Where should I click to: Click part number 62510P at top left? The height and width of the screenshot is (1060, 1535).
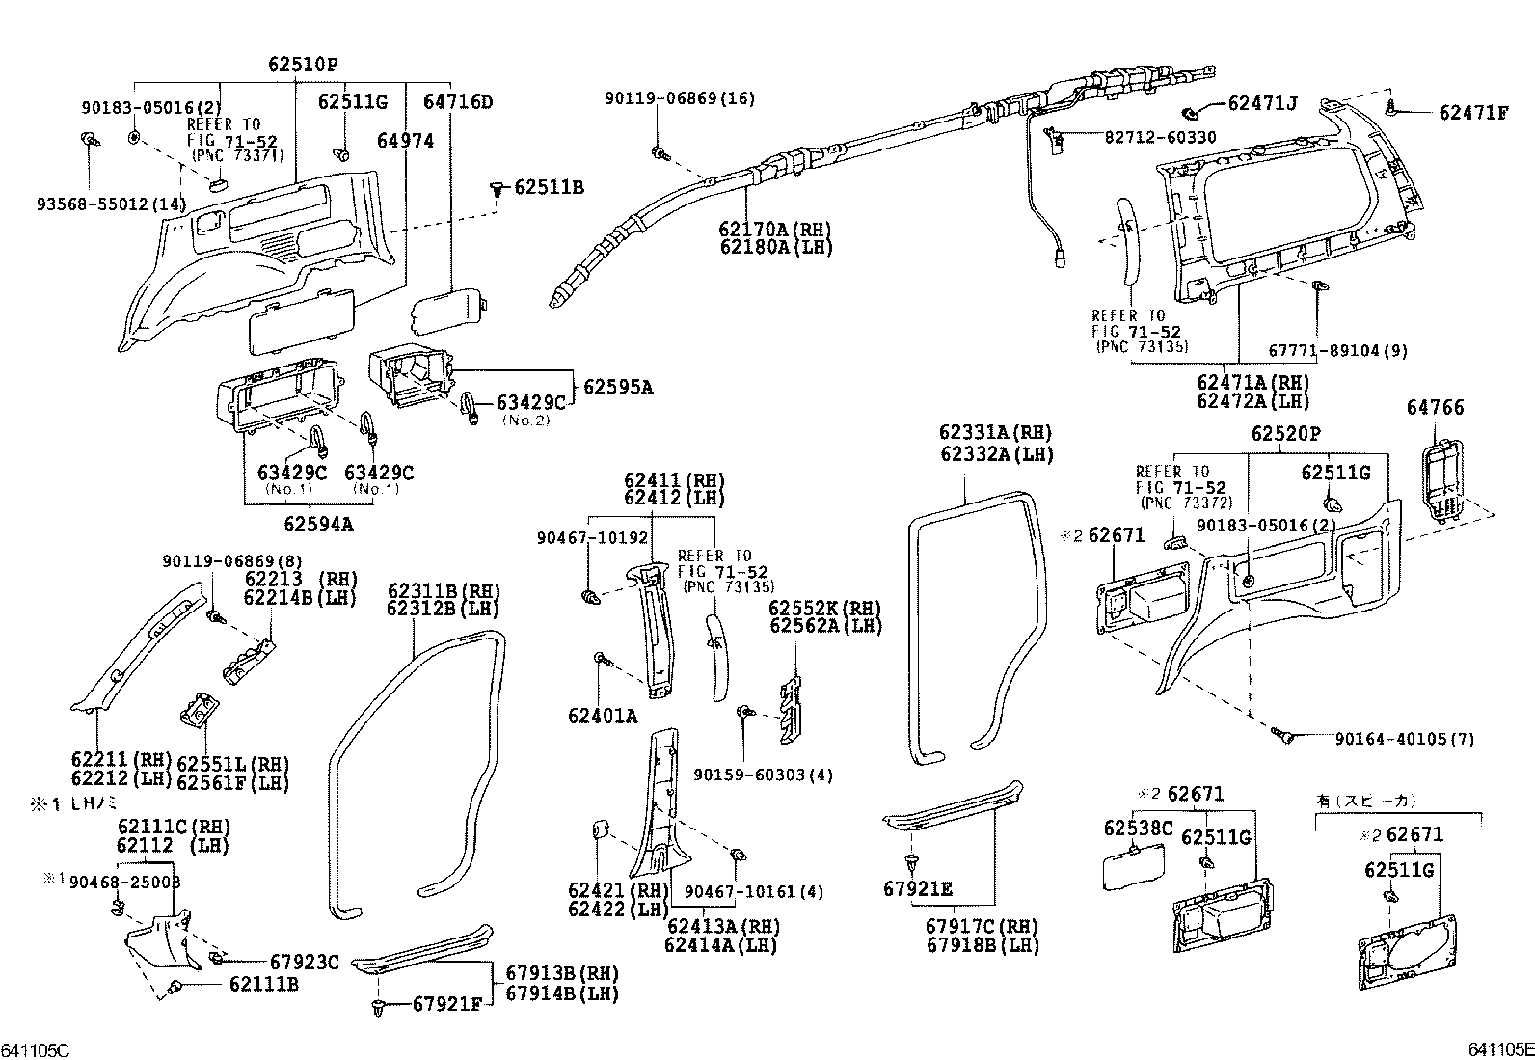(303, 65)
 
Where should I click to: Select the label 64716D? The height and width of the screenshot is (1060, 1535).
(458, 101)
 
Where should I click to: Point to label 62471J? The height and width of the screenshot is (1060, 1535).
(1262, 103)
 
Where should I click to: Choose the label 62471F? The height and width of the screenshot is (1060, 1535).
(1473, 113)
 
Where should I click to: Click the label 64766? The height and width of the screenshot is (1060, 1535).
(1435, 408)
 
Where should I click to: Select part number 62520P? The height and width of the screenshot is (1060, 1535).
(1286, 435)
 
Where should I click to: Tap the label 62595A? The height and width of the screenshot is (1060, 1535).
(618, 388)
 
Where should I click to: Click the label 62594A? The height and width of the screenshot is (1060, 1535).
(318, 525)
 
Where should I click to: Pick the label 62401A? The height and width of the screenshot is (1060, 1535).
(603, 716)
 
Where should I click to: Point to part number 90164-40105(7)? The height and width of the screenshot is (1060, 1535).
(1405, 739)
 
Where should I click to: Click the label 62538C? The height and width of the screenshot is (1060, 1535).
(1138, 828)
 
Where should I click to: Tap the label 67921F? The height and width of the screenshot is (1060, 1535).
(446, 1005)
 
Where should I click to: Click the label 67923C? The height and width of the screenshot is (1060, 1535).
(304, 962)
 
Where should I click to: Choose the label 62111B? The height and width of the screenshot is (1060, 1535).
(263, 984)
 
